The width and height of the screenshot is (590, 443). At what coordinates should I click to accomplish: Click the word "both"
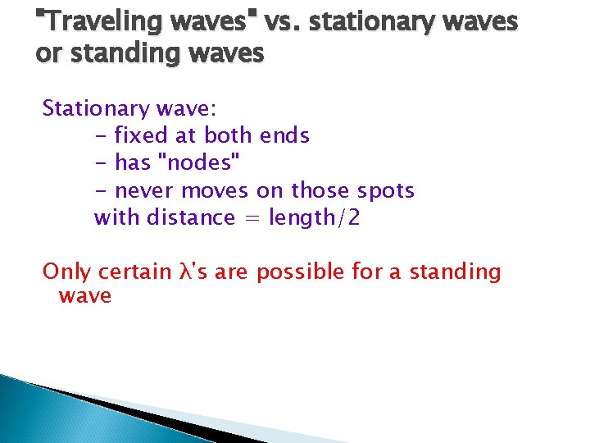click(x=229, y=135)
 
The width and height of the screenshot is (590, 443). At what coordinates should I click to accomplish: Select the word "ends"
click(x=284, y=135)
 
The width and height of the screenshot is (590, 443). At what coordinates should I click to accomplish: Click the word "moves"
click(x=216, y=191)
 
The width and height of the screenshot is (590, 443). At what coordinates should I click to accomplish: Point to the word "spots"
click(x=386, y=191)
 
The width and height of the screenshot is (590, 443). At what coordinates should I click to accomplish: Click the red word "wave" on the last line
click(x=84, y=295)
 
